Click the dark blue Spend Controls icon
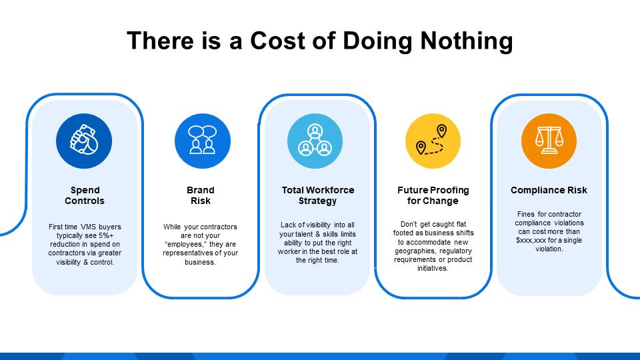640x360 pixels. point(84,141)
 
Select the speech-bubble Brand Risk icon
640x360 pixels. point(202,141)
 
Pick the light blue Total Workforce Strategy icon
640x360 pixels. point(315,141)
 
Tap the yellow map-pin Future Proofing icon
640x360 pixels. point(433,141)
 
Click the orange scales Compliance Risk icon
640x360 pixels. point(549,141)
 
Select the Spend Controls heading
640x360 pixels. point(85,195)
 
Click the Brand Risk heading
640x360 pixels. point(201,195)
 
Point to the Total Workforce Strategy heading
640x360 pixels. point(318,195)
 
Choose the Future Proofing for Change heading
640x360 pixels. point(433,195)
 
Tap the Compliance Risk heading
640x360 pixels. point(549,190)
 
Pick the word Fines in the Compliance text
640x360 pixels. point(526,214)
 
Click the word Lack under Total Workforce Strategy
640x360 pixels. point(288,225)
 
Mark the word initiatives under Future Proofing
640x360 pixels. point(433,269)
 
